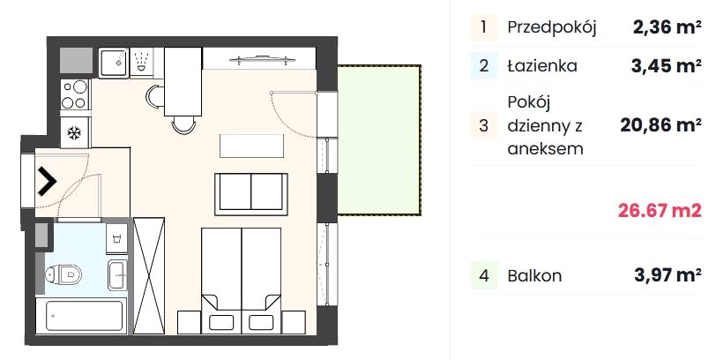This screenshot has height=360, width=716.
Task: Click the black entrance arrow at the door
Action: [x=46, y=182]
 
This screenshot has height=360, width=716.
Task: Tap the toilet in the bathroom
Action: [x=63, y=274]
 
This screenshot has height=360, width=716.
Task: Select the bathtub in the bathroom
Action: [x=80, y=315]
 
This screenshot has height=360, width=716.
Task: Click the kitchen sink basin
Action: [x=113, y=63]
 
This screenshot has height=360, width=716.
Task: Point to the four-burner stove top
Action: [x=75, y=94]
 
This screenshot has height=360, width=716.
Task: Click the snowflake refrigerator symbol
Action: [x=74, y=133]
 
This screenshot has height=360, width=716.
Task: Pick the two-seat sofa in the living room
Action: [x=251, y=194]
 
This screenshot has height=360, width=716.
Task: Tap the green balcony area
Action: [x=378, y=139]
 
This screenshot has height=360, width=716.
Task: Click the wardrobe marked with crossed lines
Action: [x=149, y=275]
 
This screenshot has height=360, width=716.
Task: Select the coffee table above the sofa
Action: [x=251, y=146]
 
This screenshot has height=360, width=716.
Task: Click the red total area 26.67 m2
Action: [x=660, y=211]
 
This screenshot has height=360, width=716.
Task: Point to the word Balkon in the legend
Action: [x=534, y=276]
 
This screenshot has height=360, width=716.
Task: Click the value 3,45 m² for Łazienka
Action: [x=667, y=66]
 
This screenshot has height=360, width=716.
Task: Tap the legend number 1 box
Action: [x=483, y=27]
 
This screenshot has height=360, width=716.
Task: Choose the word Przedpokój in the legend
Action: [x=552, y=28]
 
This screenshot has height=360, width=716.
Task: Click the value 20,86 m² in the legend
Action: [x=660, y=124]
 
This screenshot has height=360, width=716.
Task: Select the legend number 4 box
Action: [x=484, y=276]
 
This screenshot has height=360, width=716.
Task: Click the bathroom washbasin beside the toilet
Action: [x=117, y=274]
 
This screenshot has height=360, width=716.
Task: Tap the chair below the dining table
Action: [x=183, y=124]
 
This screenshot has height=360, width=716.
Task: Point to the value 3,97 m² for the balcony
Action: [x=668, y=275]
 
